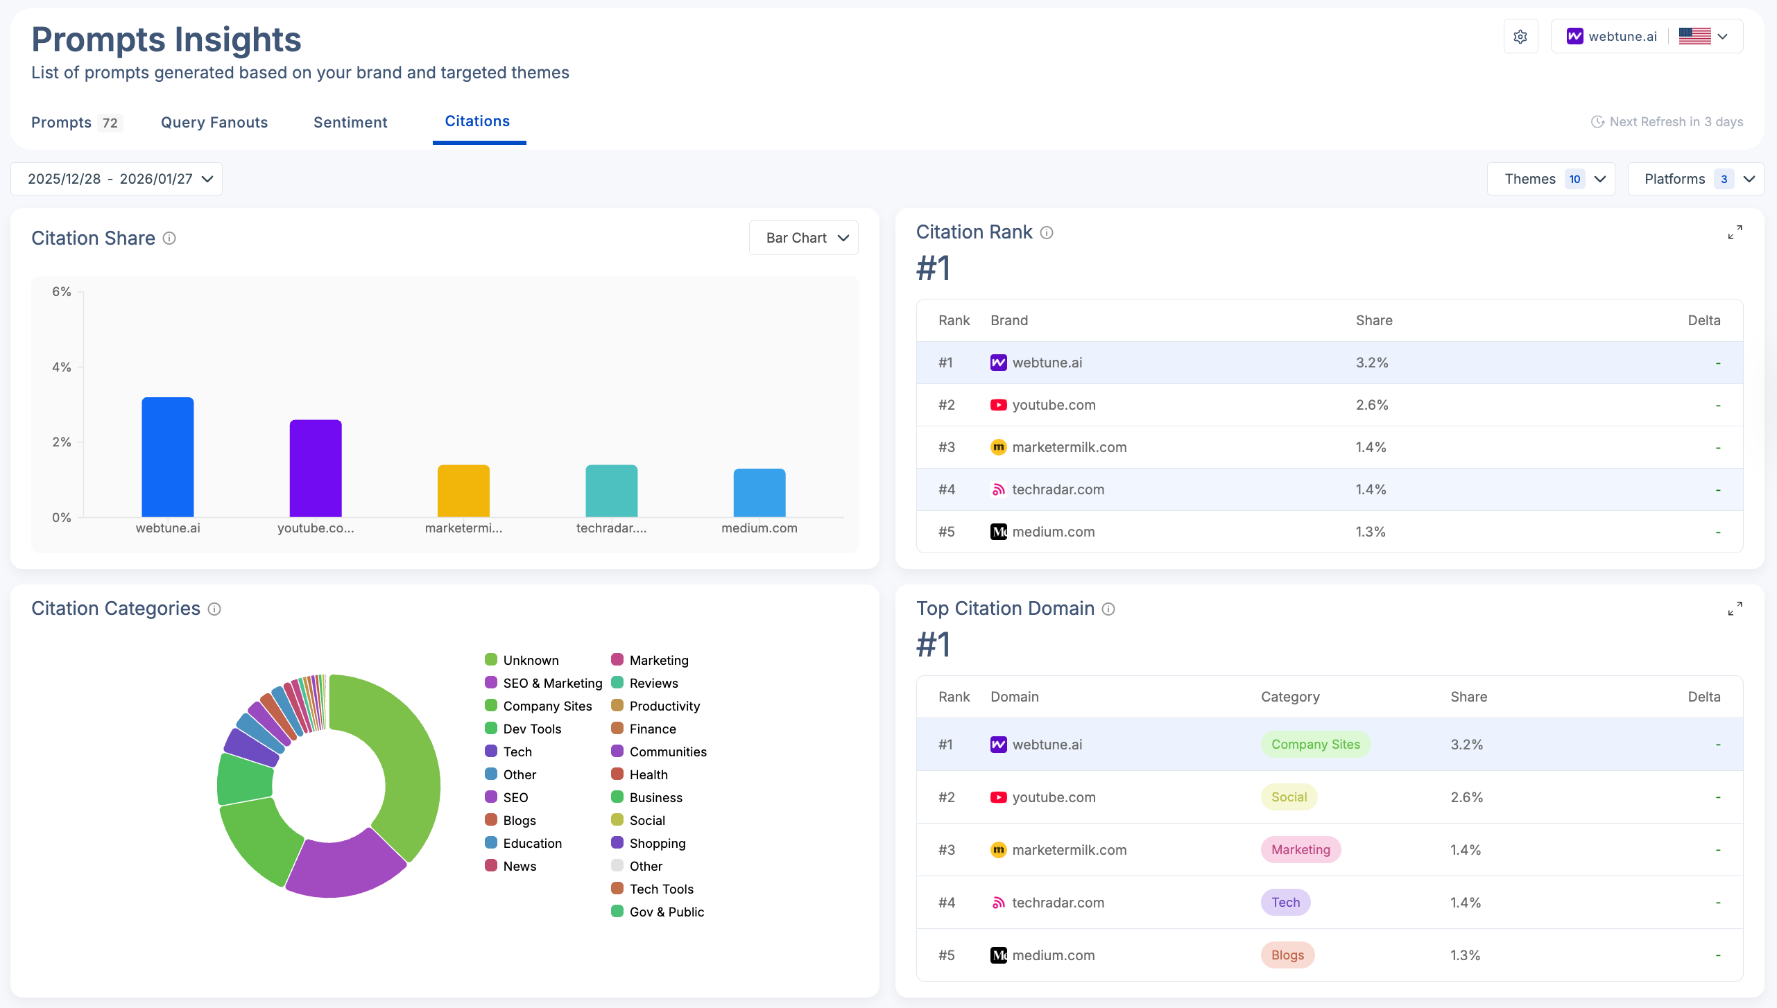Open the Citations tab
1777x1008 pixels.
(x=477, y=121)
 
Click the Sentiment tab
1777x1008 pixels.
(x=350, y=123)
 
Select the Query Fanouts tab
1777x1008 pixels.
(x=214, y=123)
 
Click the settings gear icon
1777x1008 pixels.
(x=1520, y=37)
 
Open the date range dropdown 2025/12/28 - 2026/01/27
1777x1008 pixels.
(x=117, y=179)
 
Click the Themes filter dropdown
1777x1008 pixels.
(x=1551, y=179)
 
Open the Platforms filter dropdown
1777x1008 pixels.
(x=1694, y=179)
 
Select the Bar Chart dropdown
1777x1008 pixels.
(x=804, y=238)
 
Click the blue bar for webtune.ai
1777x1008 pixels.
(x=168, y=458)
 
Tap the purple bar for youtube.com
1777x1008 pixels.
(x=316, y=469)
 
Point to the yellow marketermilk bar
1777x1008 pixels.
(x=463, y=491)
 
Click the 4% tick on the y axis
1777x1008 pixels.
(x=62, y=367)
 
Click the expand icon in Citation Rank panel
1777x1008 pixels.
(x=1735, y=232)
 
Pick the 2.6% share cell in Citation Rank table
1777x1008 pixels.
(x=1372, y=405)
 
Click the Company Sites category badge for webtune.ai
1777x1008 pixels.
(x=1315, y=745)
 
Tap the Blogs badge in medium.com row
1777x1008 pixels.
(x=1287, y=955)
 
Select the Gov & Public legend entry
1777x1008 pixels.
(x=666, y=912)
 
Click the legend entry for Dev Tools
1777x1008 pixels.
(x=531, y=729)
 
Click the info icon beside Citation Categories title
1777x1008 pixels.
(x=214, y=609)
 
